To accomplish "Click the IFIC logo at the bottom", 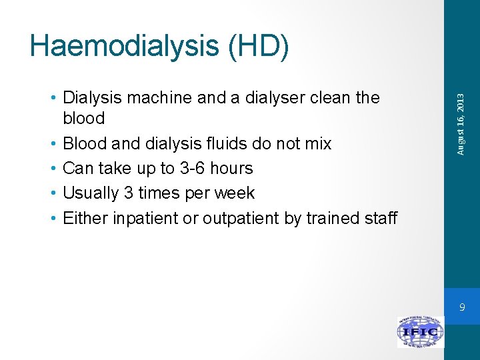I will point(420,332).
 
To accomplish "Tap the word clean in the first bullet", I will point(332,98).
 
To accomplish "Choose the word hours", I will point(230,168).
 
